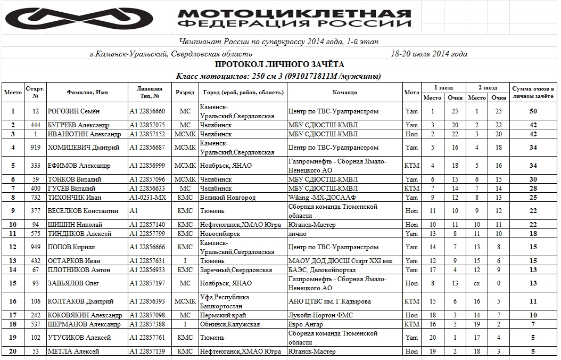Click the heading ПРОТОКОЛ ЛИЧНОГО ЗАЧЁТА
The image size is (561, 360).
pos(279,64)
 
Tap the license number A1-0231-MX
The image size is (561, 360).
pos(148,198)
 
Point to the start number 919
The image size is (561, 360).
pos(36,148)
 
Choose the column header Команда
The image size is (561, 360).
pos(344,92)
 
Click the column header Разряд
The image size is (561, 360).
pos(185,92)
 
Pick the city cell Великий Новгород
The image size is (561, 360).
pos(228,198)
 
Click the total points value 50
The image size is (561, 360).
pos(533,111)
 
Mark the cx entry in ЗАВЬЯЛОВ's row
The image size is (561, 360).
pos(477,283)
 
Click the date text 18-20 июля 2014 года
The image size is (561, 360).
pos(428,54)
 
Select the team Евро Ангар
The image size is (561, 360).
pos(306,324)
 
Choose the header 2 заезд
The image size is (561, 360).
pos(488,87)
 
